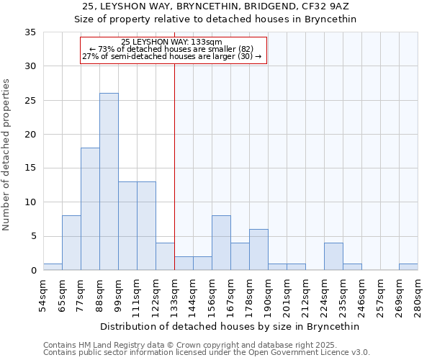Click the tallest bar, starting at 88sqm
coord(109,181)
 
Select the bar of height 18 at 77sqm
coord(90,209)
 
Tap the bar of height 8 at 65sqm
coord(71,243)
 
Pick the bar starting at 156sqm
coord(221,243)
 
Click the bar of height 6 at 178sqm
coord(258,249)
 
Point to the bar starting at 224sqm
coord(333,256)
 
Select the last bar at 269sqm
coord(408,266)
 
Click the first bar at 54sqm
coord(53,266)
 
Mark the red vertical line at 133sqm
coord(174,166)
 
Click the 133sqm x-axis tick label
coord(175,295)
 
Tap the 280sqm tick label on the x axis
coord(418,295)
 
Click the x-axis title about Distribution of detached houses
coord(230,326)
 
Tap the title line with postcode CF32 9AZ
coord(216,6)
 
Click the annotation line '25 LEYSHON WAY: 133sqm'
coord(171,42)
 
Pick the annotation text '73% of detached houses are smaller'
coord(171,49)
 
